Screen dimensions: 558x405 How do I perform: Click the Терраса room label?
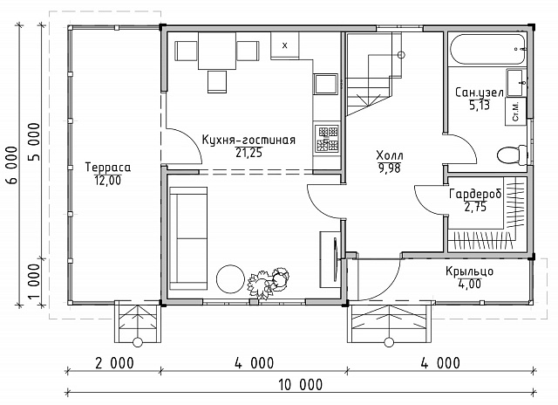pyautogui.click(x=108, y=168)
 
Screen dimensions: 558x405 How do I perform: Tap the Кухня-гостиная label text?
pyautogui.click(x=248, y=140)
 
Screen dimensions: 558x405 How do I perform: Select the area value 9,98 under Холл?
pyautogui.click(x=390, y=168)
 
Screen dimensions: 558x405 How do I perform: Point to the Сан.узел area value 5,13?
pyautogui.click(x=480, y=106)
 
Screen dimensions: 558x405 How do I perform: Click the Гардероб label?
pyautogui.click(x=475, y=194)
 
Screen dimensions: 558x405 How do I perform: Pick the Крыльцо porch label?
pyautogui.click(x=469, y=271)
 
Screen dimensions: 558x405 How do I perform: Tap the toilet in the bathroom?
pyautogui.click(x=512, y=155)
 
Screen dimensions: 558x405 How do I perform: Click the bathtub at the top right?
pyautogui.click(x=488, y=49)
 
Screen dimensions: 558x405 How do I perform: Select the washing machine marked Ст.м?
pyautogui.click(x=515, y=111)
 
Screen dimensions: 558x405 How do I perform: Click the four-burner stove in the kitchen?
pyautogui.click(x=326, y=139)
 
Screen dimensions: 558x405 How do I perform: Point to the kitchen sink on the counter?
pyautogui.click(x=325, y=84)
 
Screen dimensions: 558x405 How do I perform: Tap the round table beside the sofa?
pyautogui.click(x=230, y=279)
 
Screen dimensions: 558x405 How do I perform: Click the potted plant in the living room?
pyautogui.click(x=269, y=282)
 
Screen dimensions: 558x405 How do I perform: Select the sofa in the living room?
pyautogui.click(x=188, y=238)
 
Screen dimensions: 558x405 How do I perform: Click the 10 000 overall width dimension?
pyautogui.click(x=301, y=385)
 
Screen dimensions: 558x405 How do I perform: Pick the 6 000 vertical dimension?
pyautogui.click(x=11, y=165)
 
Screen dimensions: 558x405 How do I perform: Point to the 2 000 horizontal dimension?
pyautogui.click(x=114, y=363)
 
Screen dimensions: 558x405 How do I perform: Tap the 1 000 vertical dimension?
pyautogui.click(x=34, y=281)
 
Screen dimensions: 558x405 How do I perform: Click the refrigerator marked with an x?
pyautogui.click(x=285, y=45)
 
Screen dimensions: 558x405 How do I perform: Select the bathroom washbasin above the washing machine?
pyautogui.click(x=515, y=83)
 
